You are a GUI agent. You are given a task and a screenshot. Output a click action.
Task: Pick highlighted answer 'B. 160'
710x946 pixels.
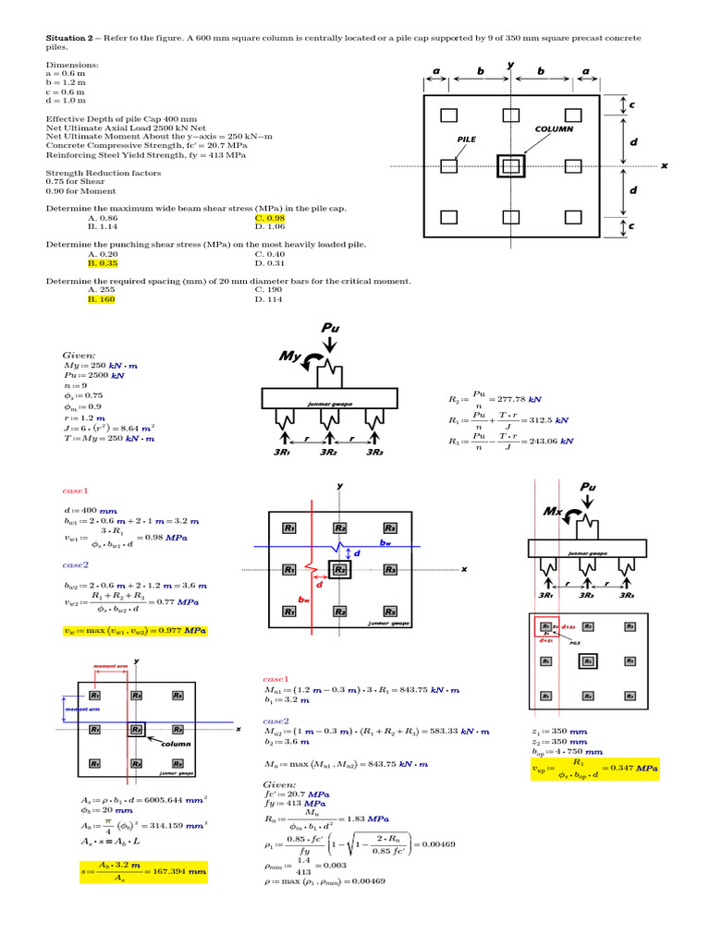pos(102,299)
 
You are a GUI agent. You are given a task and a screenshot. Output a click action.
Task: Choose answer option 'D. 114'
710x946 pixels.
pos(270,299)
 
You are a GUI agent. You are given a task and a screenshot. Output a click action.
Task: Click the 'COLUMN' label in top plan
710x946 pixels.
pos(553,130)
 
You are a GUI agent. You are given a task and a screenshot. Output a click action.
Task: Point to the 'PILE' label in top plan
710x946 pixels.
pos(467,139)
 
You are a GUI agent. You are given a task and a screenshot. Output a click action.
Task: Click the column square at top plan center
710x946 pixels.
pos(510,166)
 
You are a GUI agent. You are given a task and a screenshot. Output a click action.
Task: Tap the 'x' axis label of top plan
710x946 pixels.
pos(664,166)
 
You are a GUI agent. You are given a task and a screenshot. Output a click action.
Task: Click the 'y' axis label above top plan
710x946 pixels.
pos(510,65)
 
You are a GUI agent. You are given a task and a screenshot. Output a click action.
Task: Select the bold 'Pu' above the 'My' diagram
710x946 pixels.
pos(331,329)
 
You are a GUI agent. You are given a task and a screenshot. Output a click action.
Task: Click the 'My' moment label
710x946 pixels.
pos(292,357)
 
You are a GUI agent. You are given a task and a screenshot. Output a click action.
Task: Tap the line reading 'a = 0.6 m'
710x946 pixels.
pos(66,75)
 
